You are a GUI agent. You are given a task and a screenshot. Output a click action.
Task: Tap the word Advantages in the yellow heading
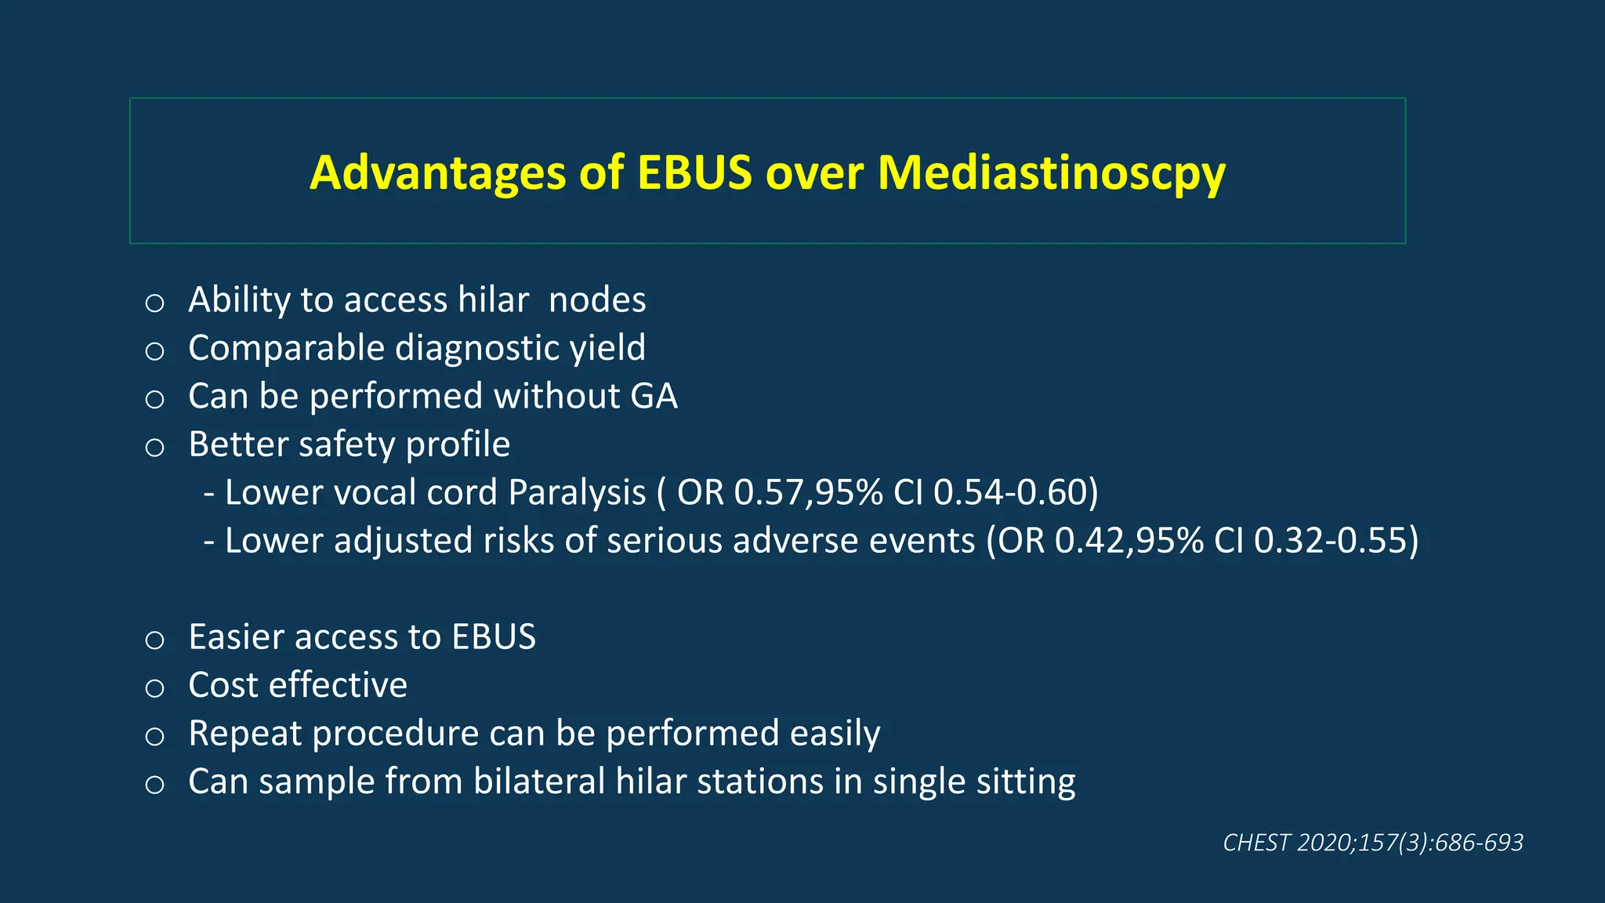tap(437, 173)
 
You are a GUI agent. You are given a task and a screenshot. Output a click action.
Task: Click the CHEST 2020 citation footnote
tap(1372, 843)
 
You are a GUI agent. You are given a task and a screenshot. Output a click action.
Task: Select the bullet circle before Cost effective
tap(154, 688)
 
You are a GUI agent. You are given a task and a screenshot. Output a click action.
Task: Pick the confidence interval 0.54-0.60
tap(1014, 493)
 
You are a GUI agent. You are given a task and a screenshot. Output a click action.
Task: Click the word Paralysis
tap(577, 493)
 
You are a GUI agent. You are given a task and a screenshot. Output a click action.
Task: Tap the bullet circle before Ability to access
tap(154, 303)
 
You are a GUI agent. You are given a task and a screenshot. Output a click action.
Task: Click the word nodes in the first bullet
tap(597, 300)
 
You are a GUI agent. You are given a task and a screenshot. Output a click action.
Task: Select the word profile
tap(458, 444)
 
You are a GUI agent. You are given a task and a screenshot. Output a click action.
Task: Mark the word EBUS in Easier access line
tap(494, 637)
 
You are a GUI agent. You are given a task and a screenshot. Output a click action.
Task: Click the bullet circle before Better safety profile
tap(154, 448)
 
